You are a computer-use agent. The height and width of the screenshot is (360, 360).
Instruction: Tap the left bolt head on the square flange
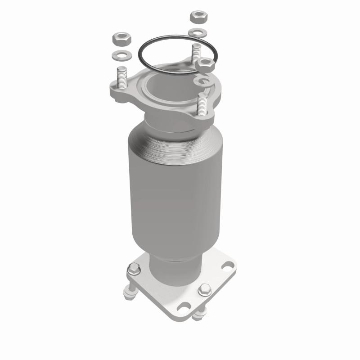coord(133,270)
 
